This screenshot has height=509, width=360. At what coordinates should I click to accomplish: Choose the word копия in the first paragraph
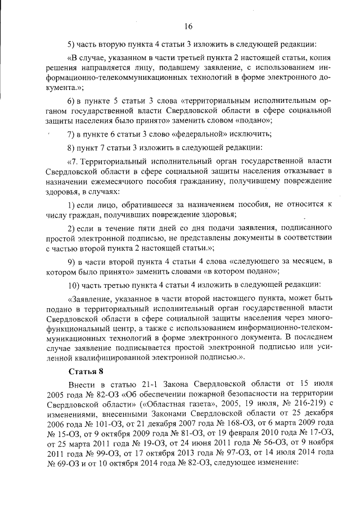point(317,58)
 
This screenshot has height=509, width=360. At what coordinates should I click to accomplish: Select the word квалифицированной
point(125,357)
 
